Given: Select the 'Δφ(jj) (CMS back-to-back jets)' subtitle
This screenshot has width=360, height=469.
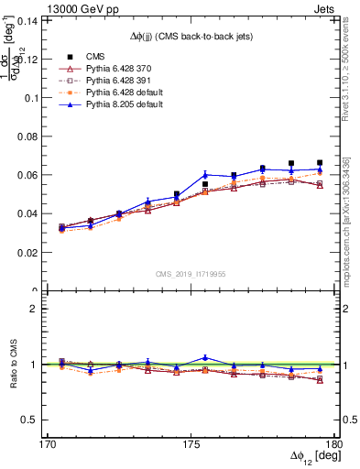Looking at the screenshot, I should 191,35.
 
